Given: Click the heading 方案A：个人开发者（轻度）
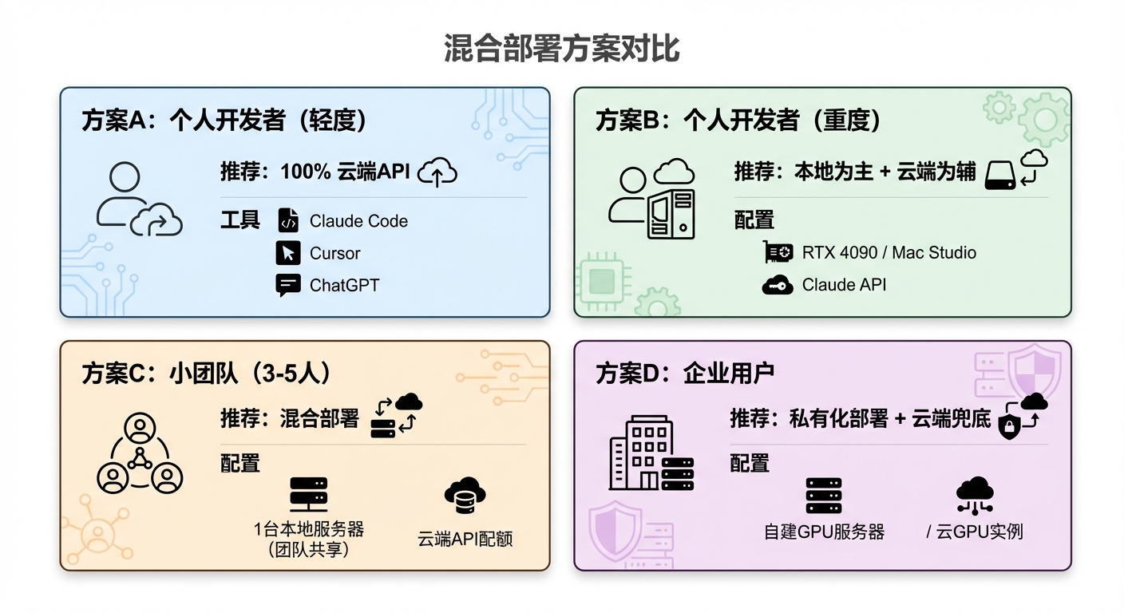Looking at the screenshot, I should tap(224, 121).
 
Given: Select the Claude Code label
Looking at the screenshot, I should tap(358, 221).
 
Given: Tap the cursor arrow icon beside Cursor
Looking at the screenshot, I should tap(287, 253).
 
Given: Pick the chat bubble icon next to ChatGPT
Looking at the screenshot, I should tap(287, 285).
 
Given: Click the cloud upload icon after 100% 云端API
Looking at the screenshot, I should tap(437, 172).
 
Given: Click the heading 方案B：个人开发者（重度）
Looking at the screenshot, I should tap(738, 121).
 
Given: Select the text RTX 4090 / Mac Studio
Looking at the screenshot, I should tap(889, 253).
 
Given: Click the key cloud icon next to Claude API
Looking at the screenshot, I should tap(777, 285).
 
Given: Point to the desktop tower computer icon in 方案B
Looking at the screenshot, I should tap(671, 213).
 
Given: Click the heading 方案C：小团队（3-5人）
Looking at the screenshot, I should tap(207, 374).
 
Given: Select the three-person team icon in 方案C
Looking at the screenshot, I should tap(140, 458).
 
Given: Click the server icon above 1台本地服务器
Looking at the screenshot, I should tap(308, 494).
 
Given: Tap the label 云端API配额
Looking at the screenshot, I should tap(465, 538).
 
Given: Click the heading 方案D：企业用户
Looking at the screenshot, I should tap(685, 374).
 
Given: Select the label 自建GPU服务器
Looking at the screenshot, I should tap(824, 532).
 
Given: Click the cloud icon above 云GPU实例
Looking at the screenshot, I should tap(975, 495).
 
